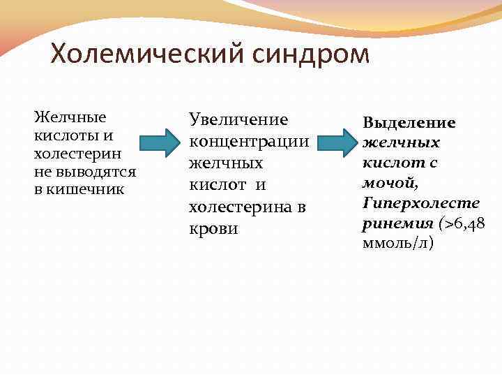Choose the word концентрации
pyautogui.click(x=249, y=141)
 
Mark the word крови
pyautogui.click(x=213, y=228)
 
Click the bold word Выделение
pyautogui.click(x=409, y=123)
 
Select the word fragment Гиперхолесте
pyautogui.click(x=421, y=203)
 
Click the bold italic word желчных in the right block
pyautogui.click(x=401, y=143)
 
